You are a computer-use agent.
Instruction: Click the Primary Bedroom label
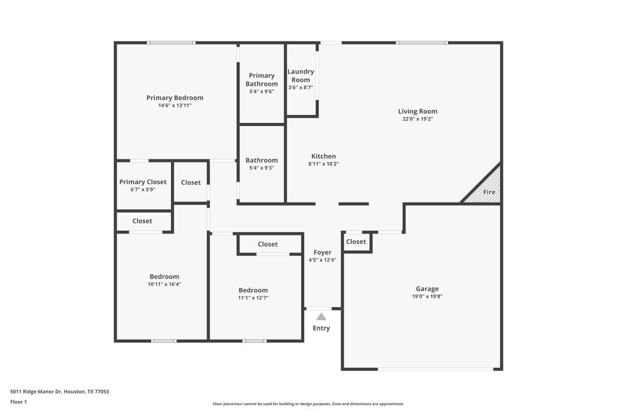[175, 98]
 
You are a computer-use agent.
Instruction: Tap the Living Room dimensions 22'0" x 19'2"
[418, 119]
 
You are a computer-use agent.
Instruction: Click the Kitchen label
[323, 156]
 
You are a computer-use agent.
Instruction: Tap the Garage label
[427, 288]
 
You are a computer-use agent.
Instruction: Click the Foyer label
[322, 252]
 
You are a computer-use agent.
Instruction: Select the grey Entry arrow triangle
[321, 316]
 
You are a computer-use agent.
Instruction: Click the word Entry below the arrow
[321, 328]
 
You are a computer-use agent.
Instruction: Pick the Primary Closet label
[143, 182]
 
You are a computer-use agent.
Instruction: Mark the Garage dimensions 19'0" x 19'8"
[427, 296]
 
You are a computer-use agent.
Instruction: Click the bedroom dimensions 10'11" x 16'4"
[164, 284]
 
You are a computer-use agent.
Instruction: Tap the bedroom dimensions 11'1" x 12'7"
[254, 298]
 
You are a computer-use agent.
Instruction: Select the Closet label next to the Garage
[356, 242]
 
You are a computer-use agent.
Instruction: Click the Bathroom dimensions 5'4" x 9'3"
[262, 168]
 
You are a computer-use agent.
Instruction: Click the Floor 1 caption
[19, 401]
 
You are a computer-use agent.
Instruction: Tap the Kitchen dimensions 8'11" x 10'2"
[323, 164]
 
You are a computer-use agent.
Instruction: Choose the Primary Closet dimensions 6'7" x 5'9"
[143, 190]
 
